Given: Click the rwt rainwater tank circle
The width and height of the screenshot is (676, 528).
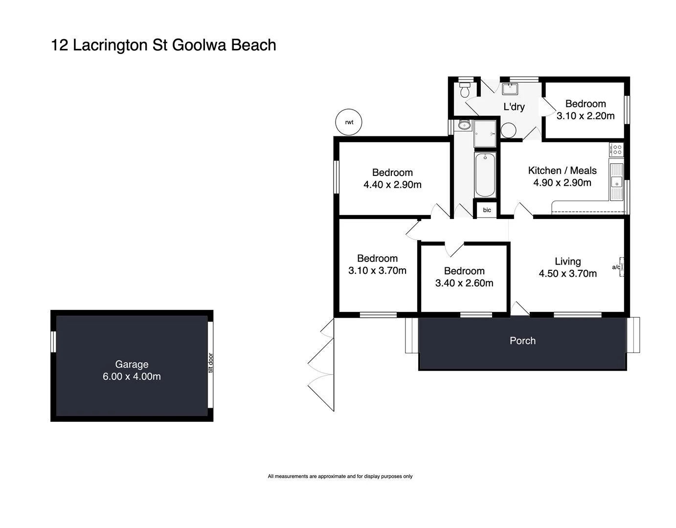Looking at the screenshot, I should point(349,122).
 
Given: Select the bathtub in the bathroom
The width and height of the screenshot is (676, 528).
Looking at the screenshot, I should point(485,175).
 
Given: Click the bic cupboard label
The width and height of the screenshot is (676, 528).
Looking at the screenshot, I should point(487,210).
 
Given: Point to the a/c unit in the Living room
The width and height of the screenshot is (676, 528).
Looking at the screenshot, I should point(621,267).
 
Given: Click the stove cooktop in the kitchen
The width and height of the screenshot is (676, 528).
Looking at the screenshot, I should point(616,149).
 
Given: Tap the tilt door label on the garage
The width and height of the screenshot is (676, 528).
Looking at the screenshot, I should point(211,363).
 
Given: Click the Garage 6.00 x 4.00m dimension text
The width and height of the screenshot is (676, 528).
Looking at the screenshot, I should point(132,376).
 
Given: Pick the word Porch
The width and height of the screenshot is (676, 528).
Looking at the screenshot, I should point(522,341).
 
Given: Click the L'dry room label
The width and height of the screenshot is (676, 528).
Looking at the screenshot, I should point(514,107).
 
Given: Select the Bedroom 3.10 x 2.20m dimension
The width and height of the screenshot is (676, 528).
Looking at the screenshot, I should point(586,116).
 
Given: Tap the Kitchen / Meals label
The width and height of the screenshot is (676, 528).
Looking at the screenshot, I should point(562,171).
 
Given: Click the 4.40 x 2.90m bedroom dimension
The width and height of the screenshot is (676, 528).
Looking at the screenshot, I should point(392,185).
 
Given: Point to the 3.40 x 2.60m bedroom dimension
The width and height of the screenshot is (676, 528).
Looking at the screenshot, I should point(464,283).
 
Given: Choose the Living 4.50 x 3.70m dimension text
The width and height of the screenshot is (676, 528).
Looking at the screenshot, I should point(567,274).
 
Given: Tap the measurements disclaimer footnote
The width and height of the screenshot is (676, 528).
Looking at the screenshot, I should point(340,476).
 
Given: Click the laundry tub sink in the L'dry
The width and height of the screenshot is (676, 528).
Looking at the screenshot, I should point(510,89).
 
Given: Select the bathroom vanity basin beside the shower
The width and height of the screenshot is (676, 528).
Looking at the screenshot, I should point(463,126).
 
